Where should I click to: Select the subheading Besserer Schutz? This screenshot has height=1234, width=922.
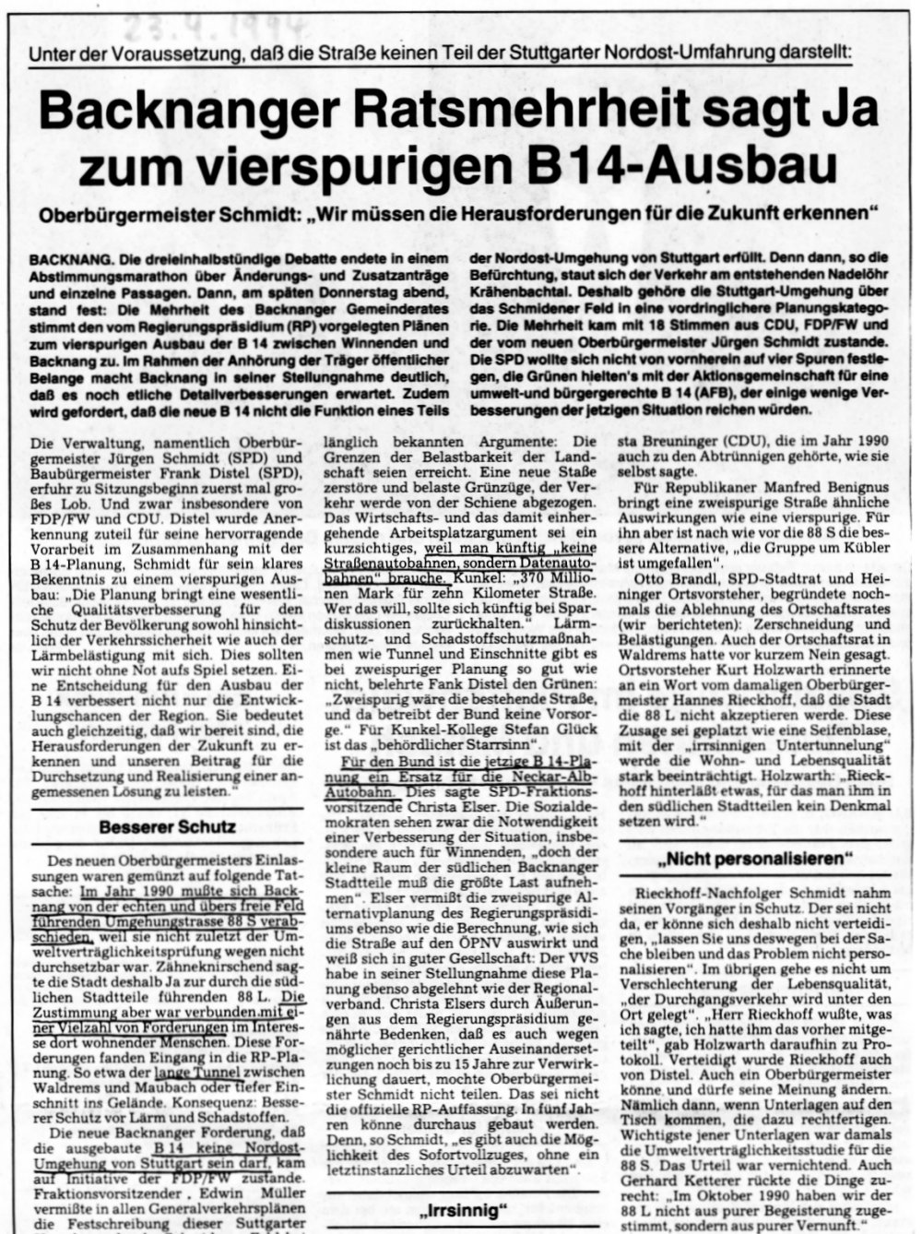(x=167, y=826)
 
